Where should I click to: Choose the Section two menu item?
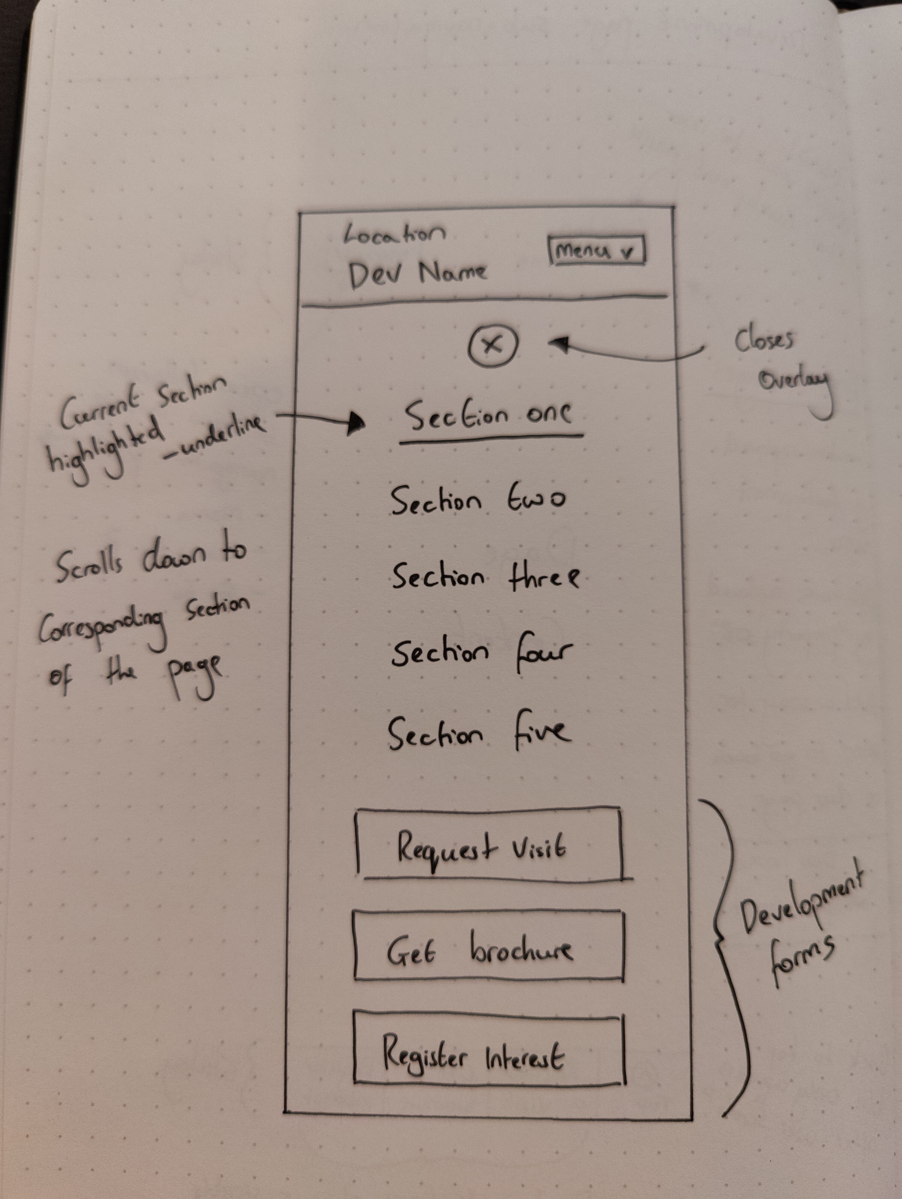tap(477, 500)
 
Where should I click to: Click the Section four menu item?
tap(482, 653)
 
